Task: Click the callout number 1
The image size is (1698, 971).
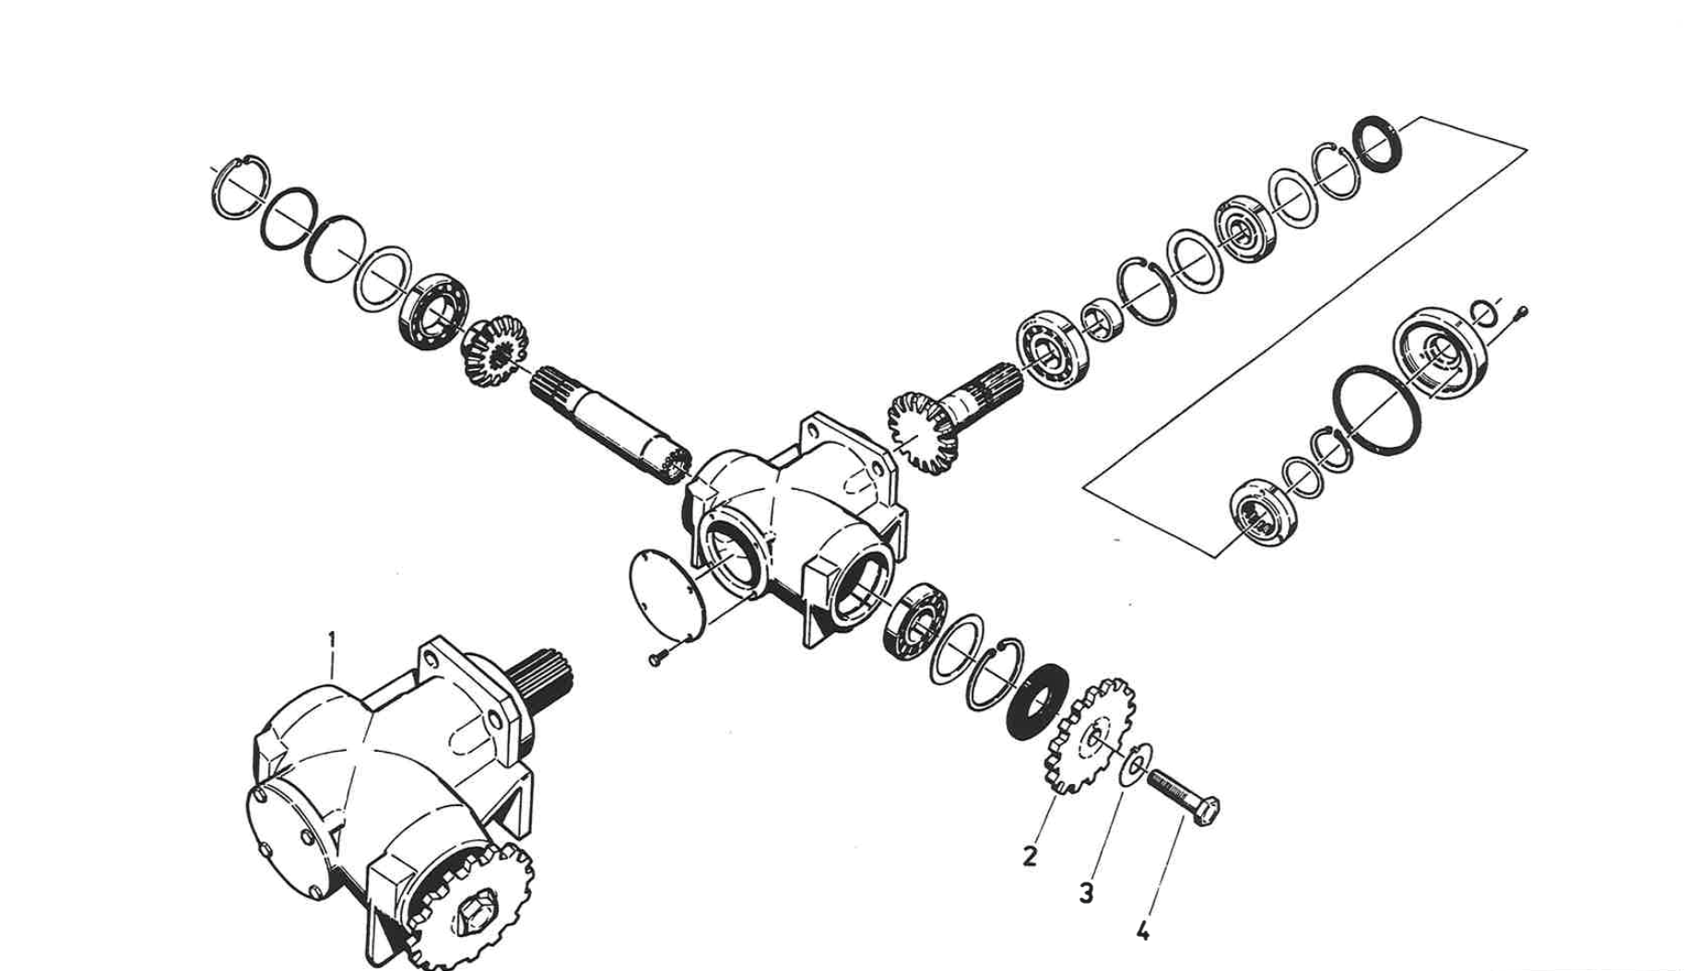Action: pos(332,639)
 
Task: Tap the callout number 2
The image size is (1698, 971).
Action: pos(1030,856)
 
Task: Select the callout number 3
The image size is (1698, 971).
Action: pos(1086,893)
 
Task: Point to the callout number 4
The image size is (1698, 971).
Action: pos(1143,930)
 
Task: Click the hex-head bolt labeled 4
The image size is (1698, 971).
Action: pos(1183,798)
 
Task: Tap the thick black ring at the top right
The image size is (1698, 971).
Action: pos(1379,144)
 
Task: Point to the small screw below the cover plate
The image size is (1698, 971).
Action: pos(656,659)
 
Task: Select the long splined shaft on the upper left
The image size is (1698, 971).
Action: pos(608,424)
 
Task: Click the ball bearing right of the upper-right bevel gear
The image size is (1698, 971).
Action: pos(1052,351)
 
